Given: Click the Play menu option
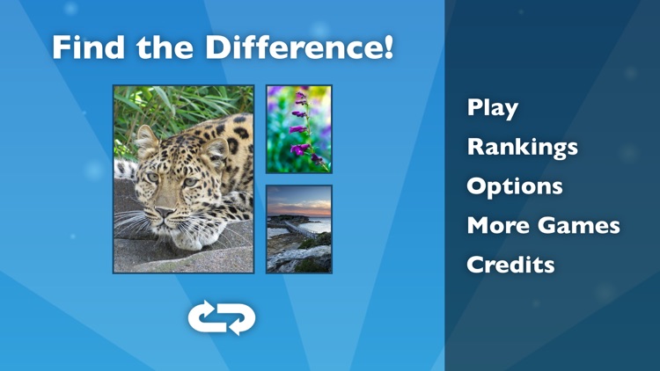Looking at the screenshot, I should (x=492, y=108).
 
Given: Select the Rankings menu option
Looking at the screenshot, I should (x=522, y=147).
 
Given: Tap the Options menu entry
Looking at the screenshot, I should (x=514, y=186).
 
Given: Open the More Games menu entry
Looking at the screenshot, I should (x=543, y=225).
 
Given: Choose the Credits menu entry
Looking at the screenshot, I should (x=510, y=264).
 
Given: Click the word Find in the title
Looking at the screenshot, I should (x=84, y=47).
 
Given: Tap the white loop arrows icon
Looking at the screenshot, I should (x=222, y=318).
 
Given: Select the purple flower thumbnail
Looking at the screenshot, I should (x=299, y=128).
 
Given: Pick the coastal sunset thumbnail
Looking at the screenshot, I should (x=299, y=229).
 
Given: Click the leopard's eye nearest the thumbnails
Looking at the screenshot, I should (x=189, y=182).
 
